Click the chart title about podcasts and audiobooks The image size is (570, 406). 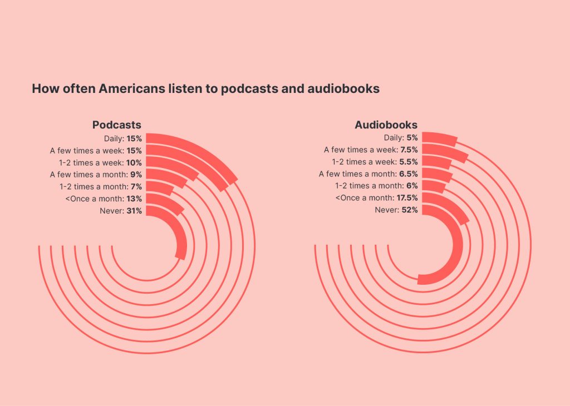205,88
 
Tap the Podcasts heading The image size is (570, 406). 116,125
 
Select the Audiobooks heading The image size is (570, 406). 386,125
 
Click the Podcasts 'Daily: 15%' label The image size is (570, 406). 122,138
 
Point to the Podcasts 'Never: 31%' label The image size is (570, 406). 120,211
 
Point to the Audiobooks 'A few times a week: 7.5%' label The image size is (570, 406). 371,150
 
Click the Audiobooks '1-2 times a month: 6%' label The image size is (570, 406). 376,186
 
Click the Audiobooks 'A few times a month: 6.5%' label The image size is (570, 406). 368,174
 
